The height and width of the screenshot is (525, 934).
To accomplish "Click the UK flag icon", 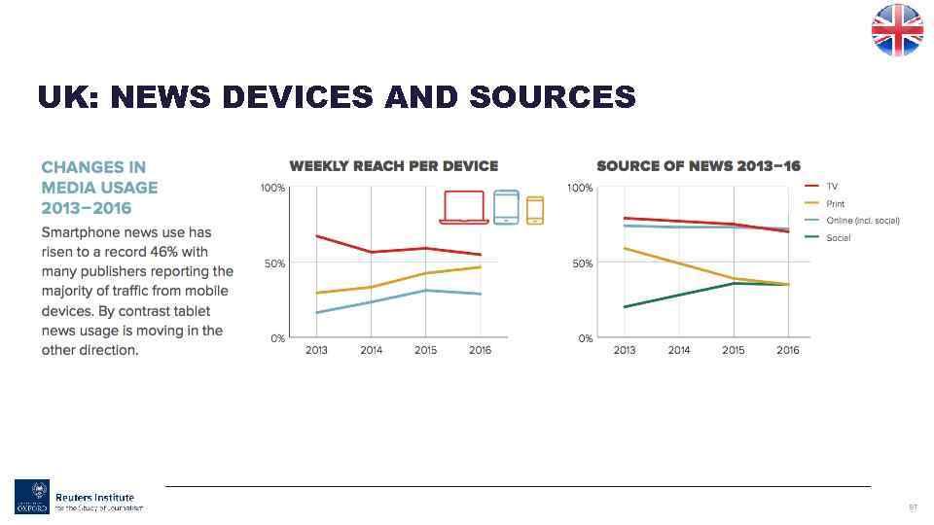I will (896, 30).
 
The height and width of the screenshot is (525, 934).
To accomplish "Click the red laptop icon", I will (464, 207).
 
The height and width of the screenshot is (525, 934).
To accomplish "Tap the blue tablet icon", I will (506, 206).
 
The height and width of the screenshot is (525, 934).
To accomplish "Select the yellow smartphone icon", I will (534, 210).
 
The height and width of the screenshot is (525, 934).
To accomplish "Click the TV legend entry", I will (832, 186).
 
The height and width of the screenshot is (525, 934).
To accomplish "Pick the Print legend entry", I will (835, 203).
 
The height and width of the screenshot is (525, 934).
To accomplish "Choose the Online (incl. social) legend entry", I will (862, 221).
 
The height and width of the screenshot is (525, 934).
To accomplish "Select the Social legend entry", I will (838, 238).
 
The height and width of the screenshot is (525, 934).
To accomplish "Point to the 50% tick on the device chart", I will (273, 263).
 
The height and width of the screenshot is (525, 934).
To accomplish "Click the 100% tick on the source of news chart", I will (580, 188).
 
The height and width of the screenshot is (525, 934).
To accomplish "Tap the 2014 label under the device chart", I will (371, 351).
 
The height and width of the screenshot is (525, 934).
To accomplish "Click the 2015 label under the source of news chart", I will (734, 351).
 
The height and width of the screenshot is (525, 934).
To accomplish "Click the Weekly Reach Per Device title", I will (393, 166).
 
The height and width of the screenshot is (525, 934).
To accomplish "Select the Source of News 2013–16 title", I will (699, 166).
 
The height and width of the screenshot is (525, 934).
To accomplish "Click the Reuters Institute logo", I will (78, 496).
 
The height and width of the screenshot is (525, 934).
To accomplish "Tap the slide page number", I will (913, 507).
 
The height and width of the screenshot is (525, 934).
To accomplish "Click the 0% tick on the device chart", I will (276, 338).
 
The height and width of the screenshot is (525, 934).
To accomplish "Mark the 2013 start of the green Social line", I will (625, 307).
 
